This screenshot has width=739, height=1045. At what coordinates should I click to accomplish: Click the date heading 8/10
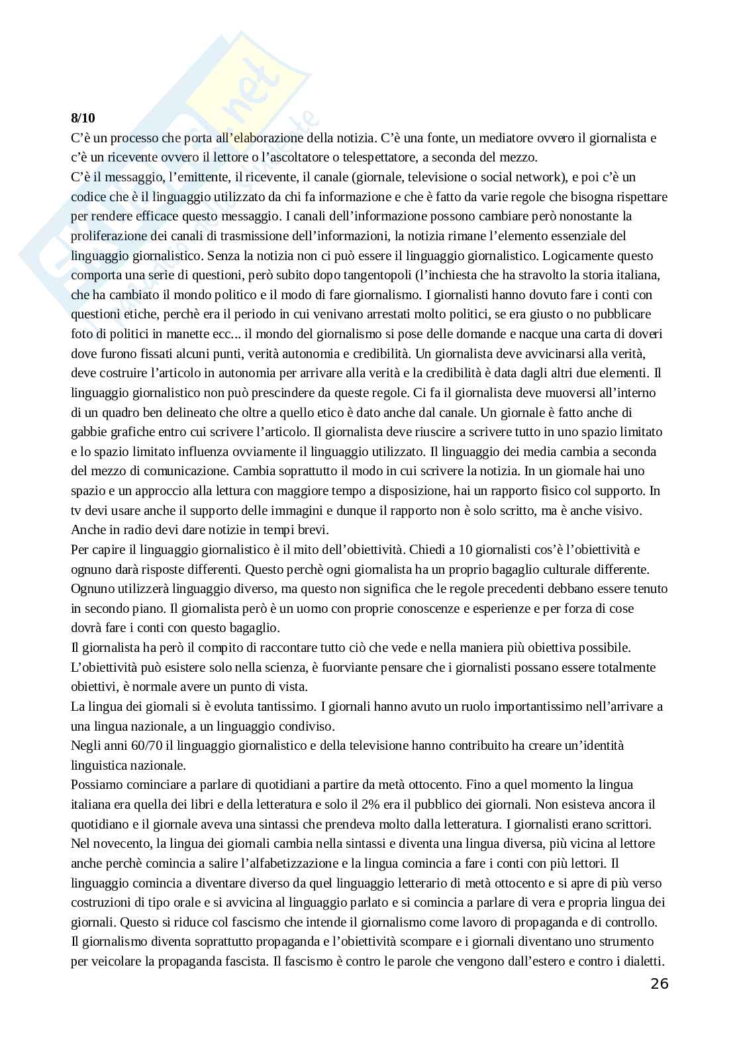pos(83,118)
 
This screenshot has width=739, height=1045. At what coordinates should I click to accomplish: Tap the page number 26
pos(659,983)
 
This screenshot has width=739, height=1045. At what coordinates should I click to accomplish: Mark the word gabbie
pos(88,432)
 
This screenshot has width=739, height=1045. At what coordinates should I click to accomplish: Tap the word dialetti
pos(643,961)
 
